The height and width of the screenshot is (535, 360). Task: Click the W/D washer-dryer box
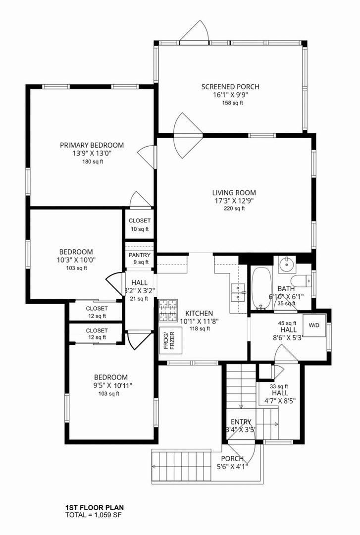point(314,325)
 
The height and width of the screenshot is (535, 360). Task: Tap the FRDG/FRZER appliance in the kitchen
point(171,340)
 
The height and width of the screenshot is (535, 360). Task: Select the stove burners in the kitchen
point(167,311)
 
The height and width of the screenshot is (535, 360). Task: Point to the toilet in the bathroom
point(303,281)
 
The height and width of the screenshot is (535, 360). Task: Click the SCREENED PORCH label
point(230,87)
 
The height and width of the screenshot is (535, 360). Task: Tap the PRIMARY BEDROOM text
point(92,145)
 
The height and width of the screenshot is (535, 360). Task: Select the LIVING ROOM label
point(234,193)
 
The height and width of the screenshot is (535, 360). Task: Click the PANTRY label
point(140,255)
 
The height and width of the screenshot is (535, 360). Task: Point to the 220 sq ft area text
point(234,209)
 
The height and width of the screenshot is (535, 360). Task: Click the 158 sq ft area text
point(232,103)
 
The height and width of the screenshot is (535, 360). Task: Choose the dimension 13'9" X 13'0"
point(92,154)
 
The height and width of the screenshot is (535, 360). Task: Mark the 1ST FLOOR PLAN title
point(95,508)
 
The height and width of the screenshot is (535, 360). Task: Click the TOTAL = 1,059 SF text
point(93,515)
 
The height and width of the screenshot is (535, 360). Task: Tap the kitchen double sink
point(238,293)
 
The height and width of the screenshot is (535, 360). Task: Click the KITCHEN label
point(199,313)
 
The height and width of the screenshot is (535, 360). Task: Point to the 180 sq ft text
point(93,161)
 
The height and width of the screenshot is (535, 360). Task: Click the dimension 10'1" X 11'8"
point(199,321)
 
